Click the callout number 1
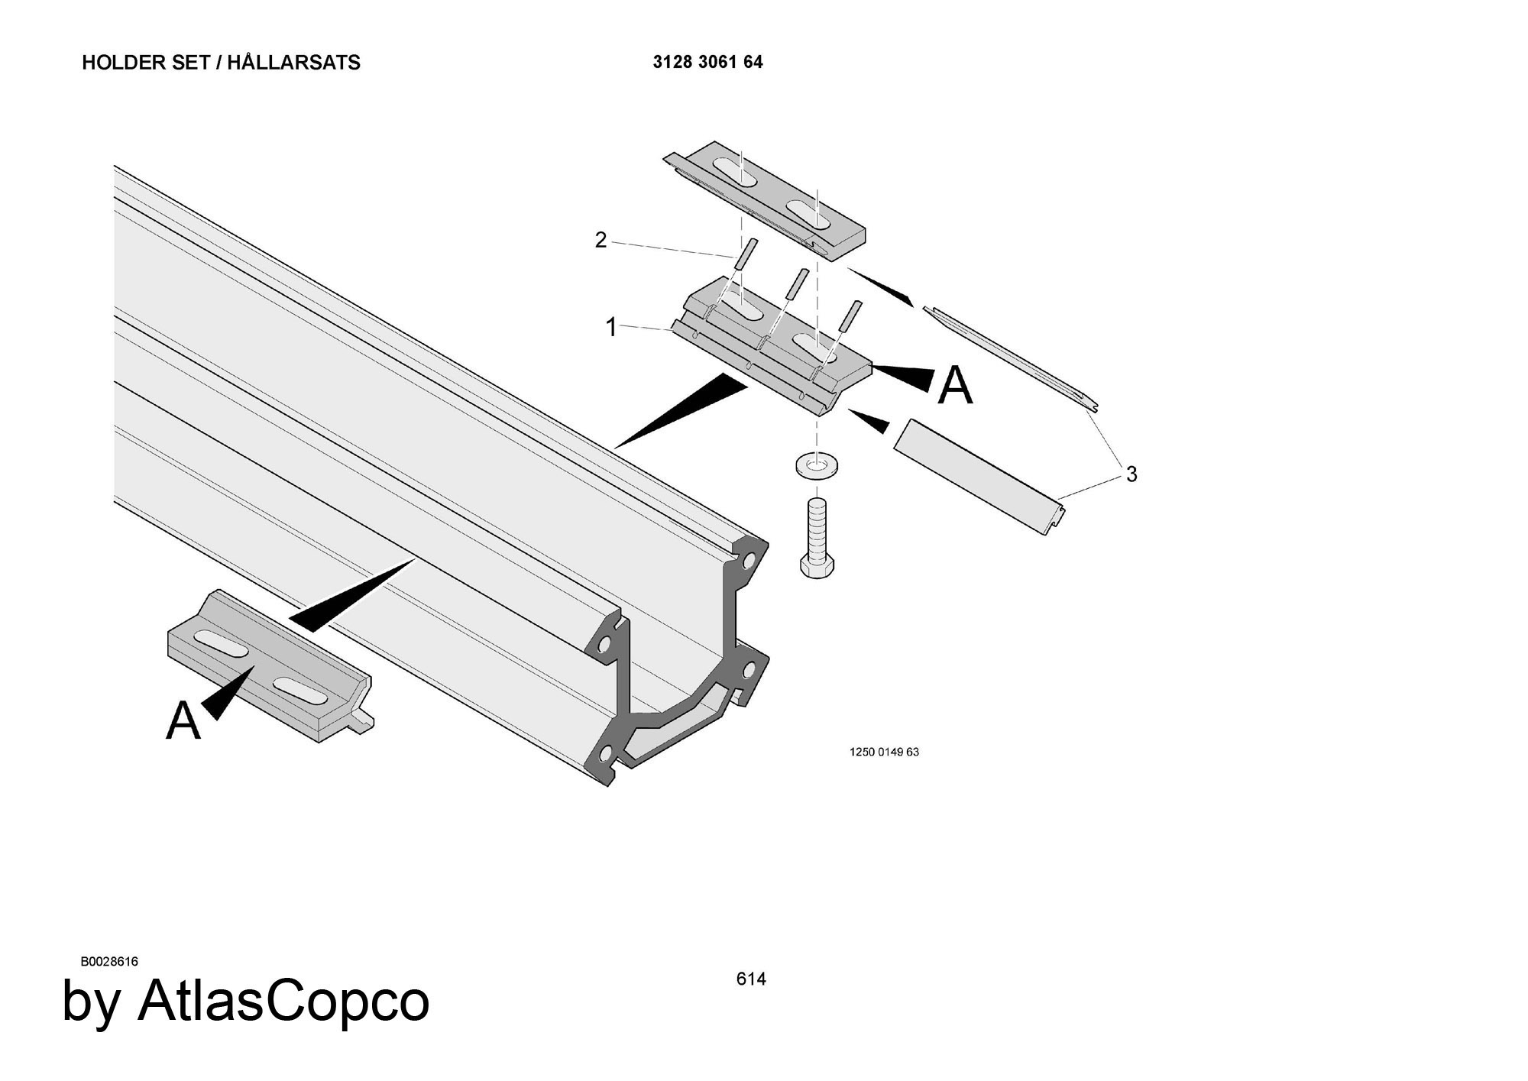(x=611, y=328)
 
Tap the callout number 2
(x=601, y=240)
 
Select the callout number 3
(x=1131, y=474)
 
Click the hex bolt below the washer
(x=817, y=539)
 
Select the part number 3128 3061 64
(x=707, y=62)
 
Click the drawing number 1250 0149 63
(x=884, y=752)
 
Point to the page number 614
(x=751, y=979)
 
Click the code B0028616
(x=109, y=961)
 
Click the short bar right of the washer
(x=979, y=477)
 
